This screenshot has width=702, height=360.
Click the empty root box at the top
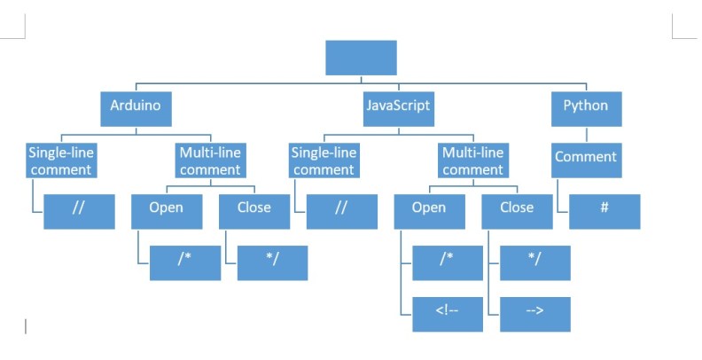click(x=361, y=58)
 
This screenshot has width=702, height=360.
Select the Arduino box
click(x=136, y=106)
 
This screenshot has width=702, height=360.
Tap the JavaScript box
click(x=398, y=106)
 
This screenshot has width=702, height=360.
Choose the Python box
click(x=586, y=106)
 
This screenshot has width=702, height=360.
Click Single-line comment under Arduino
click(x=60, y=160)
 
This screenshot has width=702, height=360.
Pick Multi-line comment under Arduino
click(x=210, y=160)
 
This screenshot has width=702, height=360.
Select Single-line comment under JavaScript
click(x=323, y=160)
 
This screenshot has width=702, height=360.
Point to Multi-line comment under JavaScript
click(x=472, y=160)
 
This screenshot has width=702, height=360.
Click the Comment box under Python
click(x=586, y=158)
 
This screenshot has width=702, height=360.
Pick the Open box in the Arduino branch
click(x=167, y=209)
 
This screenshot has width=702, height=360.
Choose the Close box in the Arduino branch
click(x=254, y=209)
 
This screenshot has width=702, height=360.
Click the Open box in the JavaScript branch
click(x=429, y=209)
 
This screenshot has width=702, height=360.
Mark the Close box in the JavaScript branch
click(x=516, y=209)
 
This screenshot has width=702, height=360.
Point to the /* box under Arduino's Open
click(x=184, y=262)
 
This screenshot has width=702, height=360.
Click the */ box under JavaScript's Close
click(x=534, y=262)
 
